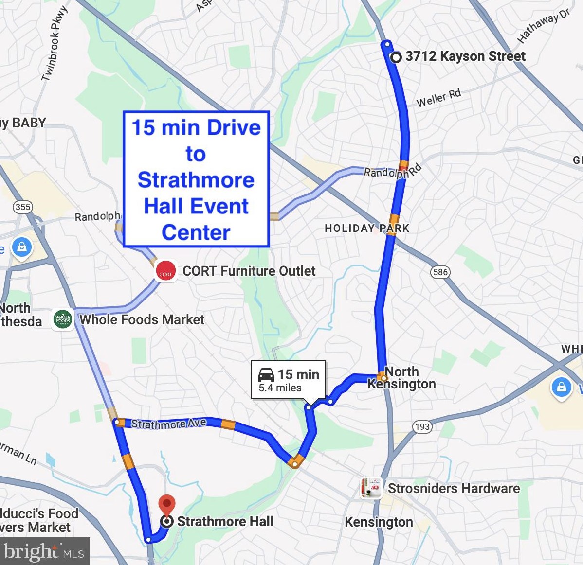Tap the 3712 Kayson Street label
pos(465,56)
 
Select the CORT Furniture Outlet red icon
pos(165,271)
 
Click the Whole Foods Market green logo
pos(63,319)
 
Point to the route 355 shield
pos(23,207)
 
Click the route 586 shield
pos(440,272)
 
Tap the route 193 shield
pos(422,426)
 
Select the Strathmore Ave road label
pos(168,424)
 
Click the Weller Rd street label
pos(438,98)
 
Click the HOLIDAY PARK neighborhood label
pos(367,228)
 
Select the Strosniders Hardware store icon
pos(371,488)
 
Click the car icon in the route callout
pos(266,375)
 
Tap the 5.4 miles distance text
pos(280,388)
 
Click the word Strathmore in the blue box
pos(196,180)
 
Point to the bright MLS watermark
pos(44,552)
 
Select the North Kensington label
pos(402,378)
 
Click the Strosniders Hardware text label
pos(454,488)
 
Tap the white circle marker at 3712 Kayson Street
pos(396,57)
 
